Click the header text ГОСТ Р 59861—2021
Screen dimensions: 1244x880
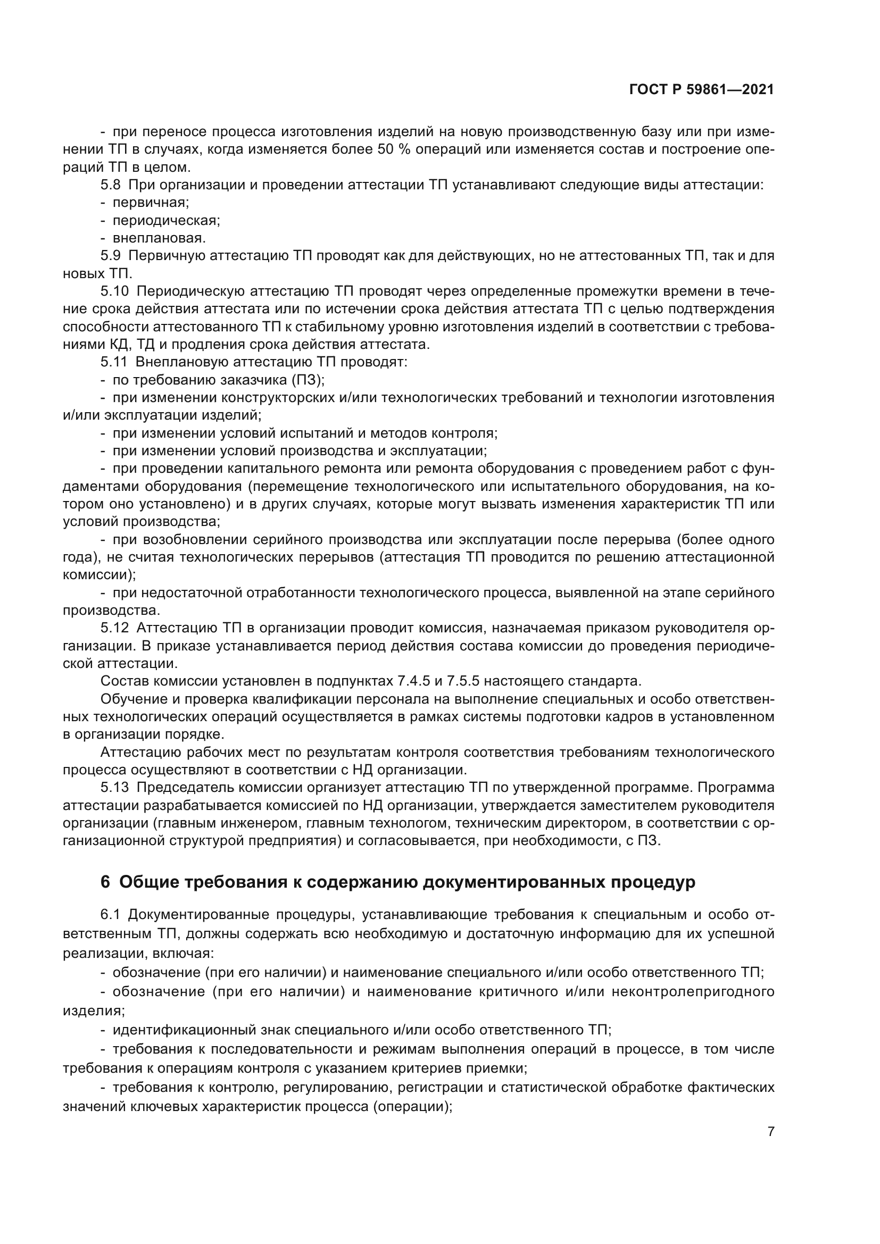[701, 90]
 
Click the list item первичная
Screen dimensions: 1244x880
[150, 203]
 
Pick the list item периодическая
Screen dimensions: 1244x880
[166, 221]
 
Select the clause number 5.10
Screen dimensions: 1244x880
[114, 291]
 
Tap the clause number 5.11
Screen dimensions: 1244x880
[114, 362]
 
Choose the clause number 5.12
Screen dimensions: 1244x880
[114, 628]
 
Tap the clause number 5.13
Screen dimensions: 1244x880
[114, 787]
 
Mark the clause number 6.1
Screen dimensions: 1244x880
[110, 915]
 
